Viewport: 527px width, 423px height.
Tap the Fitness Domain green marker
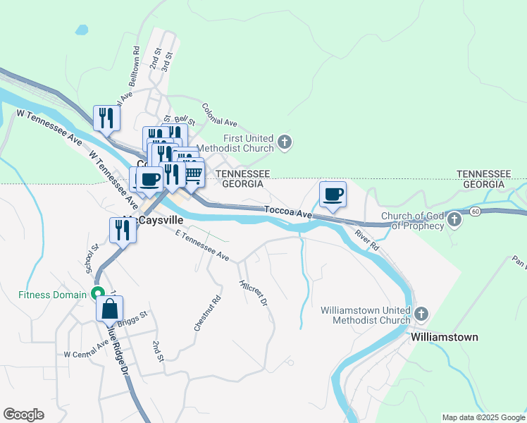tap(98, 294)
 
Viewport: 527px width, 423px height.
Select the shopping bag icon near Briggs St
tap(110, 308)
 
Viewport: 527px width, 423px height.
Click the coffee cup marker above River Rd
tap(333, 194)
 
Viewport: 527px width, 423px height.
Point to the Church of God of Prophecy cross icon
tap(454, 221)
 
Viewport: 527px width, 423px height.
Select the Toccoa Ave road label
tap(287, 211)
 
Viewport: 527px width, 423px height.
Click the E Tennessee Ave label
tap(202, 246)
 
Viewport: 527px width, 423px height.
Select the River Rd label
tap(367, 240)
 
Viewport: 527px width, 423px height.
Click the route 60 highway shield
tap(476, 211)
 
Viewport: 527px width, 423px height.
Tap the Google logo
tap(23, 415)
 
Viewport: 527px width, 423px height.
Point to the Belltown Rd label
tap(135, 66)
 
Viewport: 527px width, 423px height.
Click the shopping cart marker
tap(192, 174)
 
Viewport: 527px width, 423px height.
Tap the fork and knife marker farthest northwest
tap(106, 117)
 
